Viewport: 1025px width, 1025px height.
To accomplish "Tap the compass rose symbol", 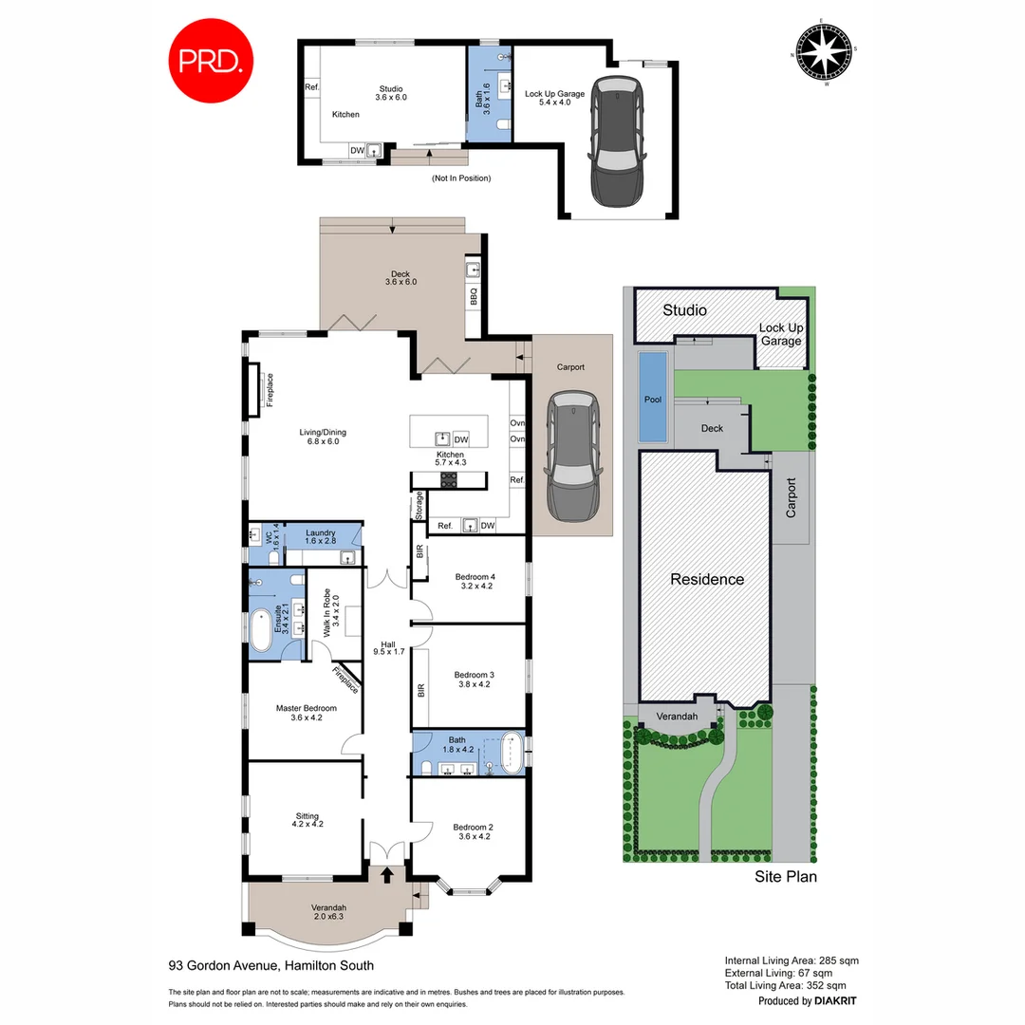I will tap(825, 53).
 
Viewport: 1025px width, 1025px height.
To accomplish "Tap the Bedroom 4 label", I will tap(475, 582).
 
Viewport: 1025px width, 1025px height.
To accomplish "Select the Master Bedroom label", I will tap(307, 713).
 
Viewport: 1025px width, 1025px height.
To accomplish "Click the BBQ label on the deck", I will tap(473, 297).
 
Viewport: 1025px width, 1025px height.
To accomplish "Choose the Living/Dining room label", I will tap(322, 435).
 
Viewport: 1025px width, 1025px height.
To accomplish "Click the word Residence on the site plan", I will tap(707, 579).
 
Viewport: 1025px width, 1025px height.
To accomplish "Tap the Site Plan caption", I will tap(785, 877).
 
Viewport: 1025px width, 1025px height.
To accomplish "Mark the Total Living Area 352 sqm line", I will tap(792, 986).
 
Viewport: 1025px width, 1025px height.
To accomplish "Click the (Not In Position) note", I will tap(461, 177).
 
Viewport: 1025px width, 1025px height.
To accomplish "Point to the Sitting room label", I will tap(307, 819).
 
